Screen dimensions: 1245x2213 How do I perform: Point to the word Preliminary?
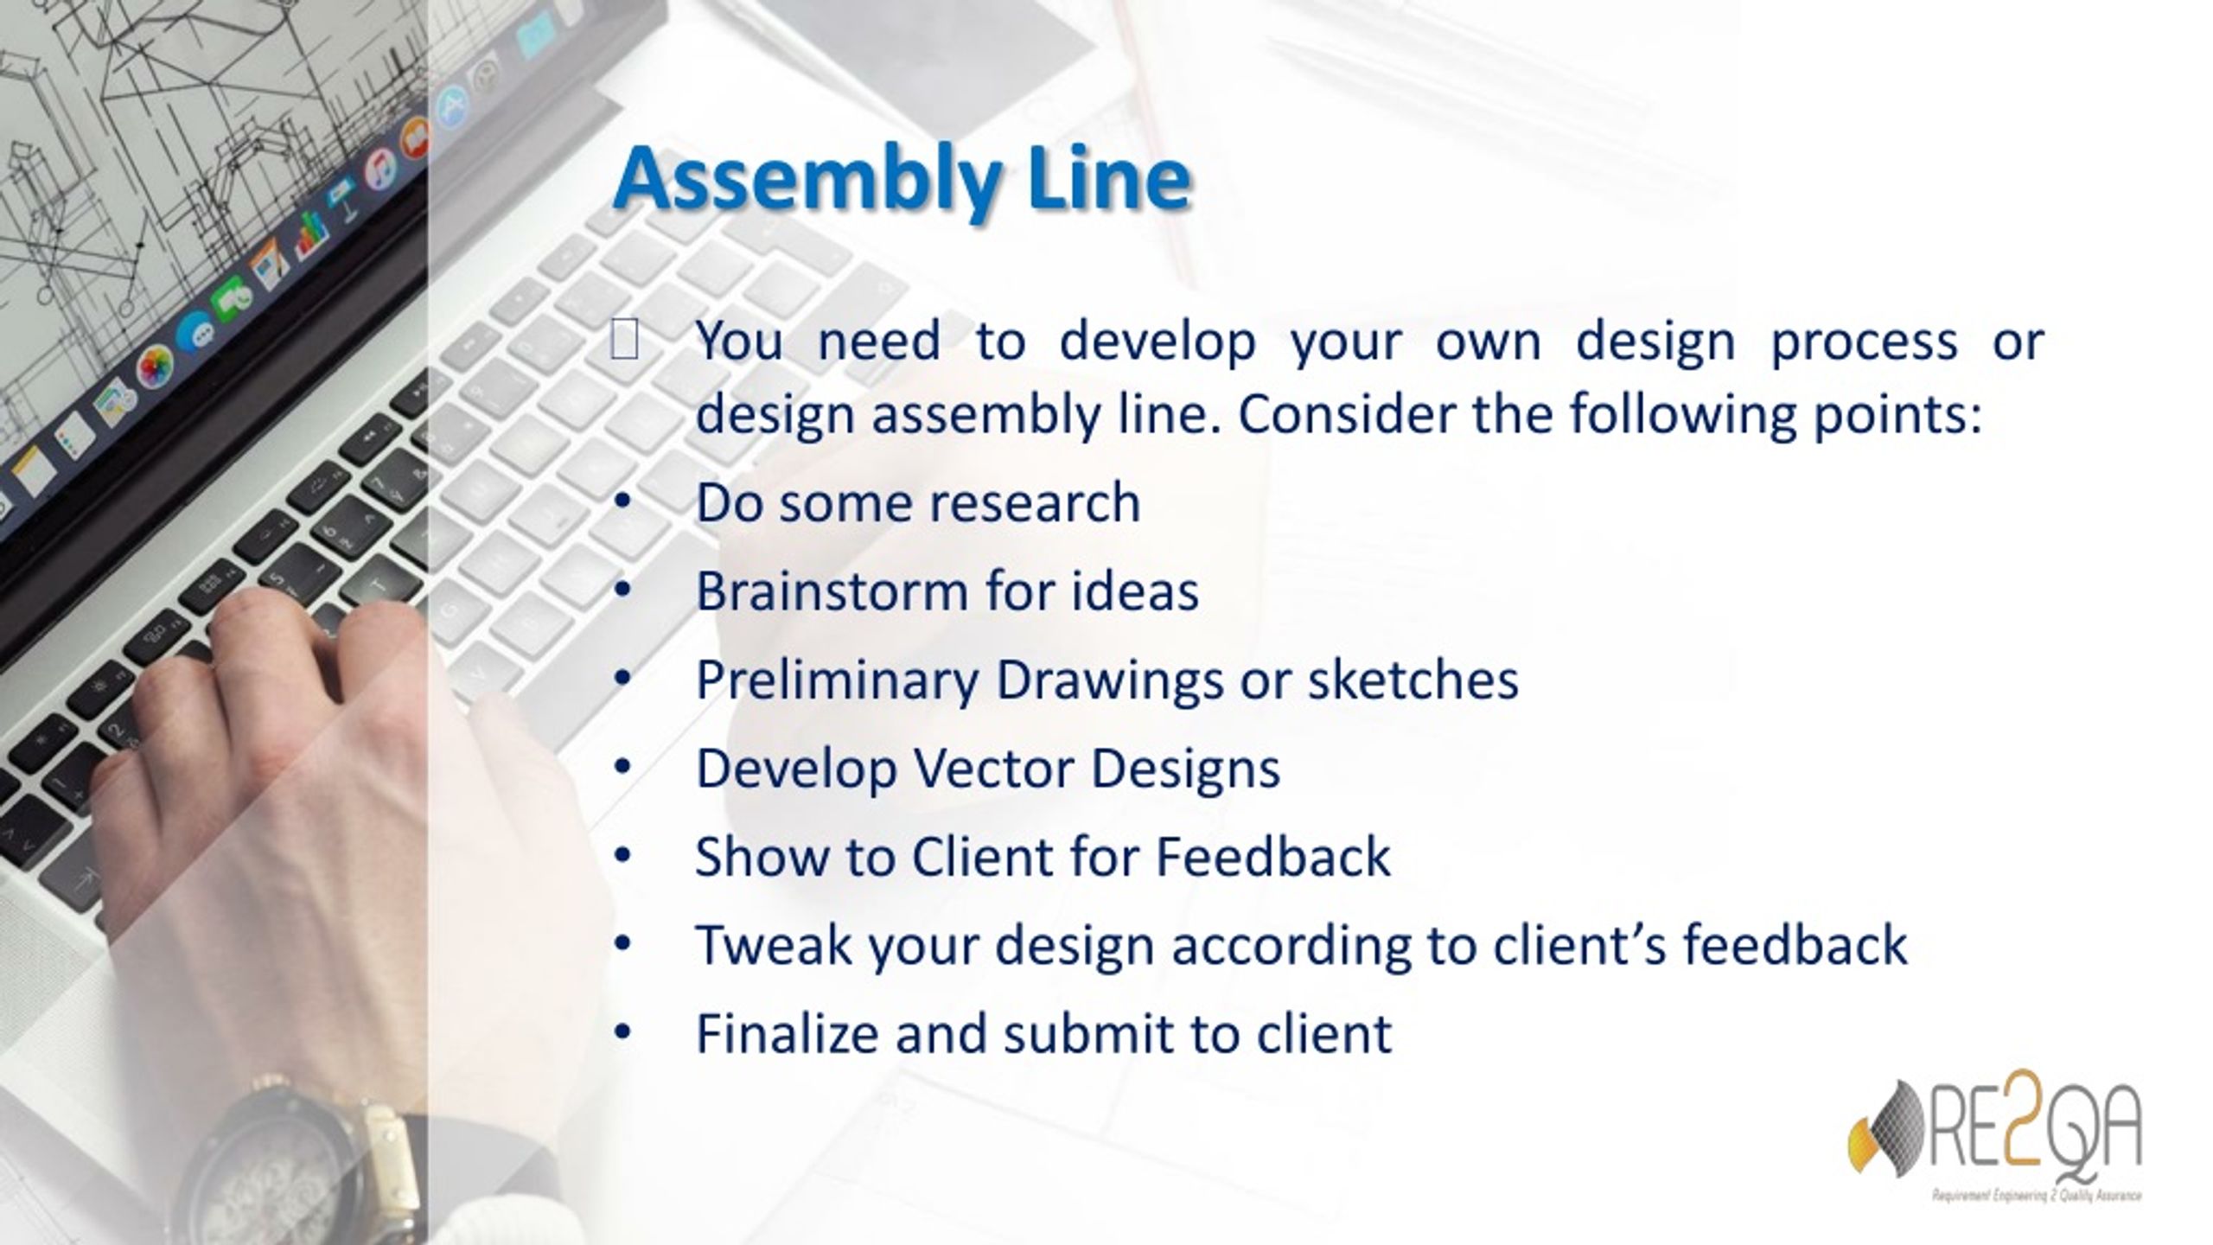pos(836,680)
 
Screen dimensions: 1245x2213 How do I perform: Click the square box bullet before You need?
pos(624,342)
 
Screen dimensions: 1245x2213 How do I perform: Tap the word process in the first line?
pos(1864,342)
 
